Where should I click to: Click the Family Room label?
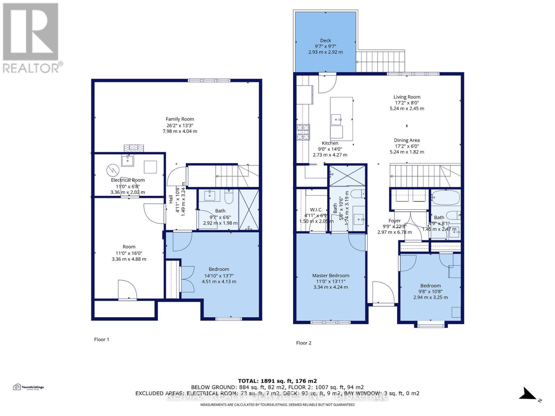[x=180, y=119]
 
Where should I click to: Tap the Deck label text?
[x=325, y=41]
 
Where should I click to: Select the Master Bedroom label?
[x=331, y=276]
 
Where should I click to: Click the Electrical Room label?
[x=128, y=180]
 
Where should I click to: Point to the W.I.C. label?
[x=316, y=210]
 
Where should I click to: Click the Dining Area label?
[x=407, y=140]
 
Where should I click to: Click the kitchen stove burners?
[x=303, y=132]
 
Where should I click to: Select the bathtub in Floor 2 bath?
[x=445, y=198]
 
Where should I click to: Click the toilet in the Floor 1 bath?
[x=229, y=197]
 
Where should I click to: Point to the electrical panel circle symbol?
[x=113, y=170]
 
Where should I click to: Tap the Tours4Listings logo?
[x=28, y=387]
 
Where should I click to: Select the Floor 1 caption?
[x=102, y=339]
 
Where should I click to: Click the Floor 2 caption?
[x=304, y=343]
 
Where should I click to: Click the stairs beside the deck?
[x=381, y=61]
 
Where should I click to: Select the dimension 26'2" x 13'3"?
[x=180, y=125]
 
